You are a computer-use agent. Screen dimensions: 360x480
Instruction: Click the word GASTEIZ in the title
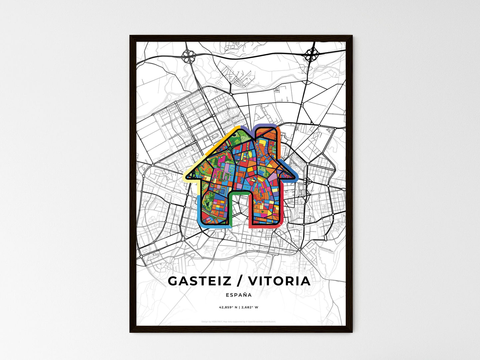click(199, 281)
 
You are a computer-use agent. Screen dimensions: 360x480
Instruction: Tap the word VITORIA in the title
click(279, 281)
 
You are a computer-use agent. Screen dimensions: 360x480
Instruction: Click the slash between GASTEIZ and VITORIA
click(240, 281)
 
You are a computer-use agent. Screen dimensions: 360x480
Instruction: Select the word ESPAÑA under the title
click(239, 295)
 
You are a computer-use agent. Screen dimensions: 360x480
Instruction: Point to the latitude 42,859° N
click(228, 307)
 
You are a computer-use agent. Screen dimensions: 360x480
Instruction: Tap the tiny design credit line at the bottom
click(239, 321)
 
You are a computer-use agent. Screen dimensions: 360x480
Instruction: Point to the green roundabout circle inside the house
click(230, 147)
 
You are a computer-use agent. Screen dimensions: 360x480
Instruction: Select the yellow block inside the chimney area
click(262, 143)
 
